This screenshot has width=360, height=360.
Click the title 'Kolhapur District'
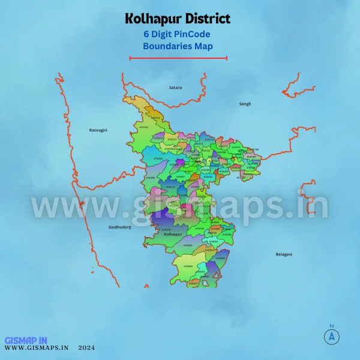tap(178, 19)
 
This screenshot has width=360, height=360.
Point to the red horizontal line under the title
tap(178, 58)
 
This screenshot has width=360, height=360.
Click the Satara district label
tap(175, 88)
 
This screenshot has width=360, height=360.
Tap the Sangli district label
tap(245, 104)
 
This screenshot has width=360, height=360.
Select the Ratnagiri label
tap(98, 130)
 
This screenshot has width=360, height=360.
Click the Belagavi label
tap(284, 254)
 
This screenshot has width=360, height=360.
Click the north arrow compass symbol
tap(331, 336)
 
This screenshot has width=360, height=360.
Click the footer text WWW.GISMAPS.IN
tap(37, 347)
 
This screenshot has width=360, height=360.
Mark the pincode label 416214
tap(155, 118)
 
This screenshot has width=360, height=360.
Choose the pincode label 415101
tap(143, 127)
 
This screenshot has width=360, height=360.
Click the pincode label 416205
tap(148, 158)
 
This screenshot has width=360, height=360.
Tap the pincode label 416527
tap(193, 282)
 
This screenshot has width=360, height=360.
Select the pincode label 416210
tap(163, 229)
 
